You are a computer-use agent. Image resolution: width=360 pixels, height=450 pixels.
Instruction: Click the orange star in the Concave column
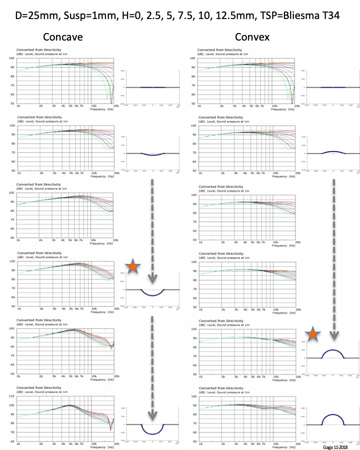pyautogui.click(x=132, y=267)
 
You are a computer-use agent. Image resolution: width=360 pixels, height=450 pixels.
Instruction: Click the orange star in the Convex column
pyautogui.click(x=313, y=334)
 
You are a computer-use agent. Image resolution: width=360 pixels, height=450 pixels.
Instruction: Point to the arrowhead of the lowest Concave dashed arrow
pyautogui.click(x=153, y=415)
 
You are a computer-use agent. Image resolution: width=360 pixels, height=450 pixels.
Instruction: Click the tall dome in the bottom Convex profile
pyautogui.click(x=333, y=417)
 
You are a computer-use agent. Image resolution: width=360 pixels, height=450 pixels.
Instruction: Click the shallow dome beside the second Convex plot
pyautogui.click(x=333, y=152)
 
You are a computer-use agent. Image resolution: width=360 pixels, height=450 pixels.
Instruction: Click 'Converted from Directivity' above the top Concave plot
pyautogui.click(x=36, y=50)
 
